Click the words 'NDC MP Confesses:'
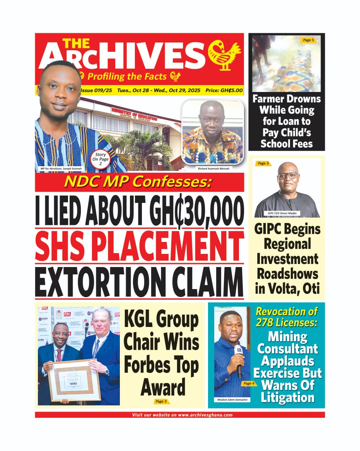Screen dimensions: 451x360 (139, 182)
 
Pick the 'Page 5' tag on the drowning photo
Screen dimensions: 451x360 (309, 40)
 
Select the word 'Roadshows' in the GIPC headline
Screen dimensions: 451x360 (287, 274)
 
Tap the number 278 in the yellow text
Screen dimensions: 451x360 (266, 322)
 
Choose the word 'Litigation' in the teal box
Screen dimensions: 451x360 (287, 397)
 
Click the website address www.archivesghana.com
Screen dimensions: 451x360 (205, 415)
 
